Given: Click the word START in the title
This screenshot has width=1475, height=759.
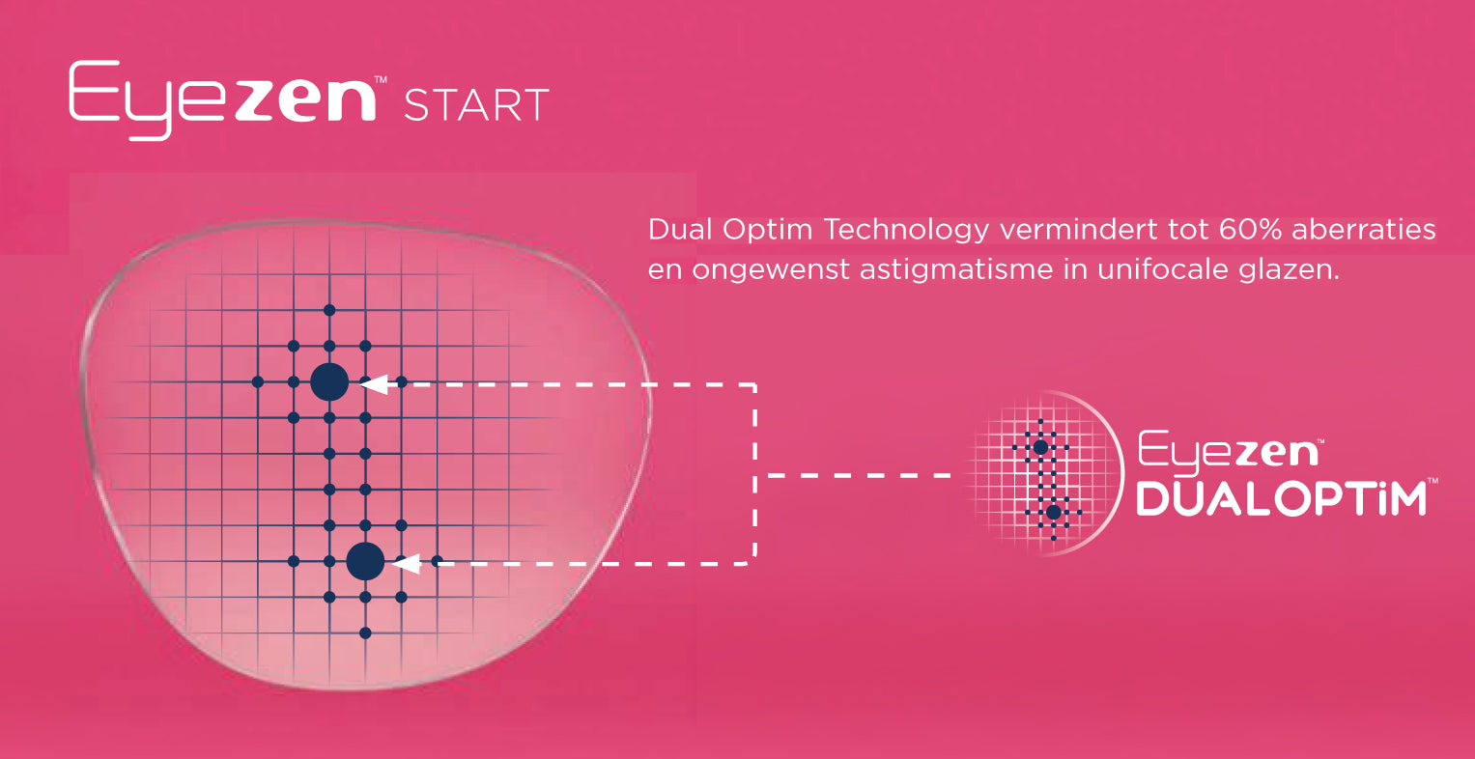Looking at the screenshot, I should click(x=476, y=105).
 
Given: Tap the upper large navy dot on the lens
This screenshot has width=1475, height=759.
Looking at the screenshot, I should click(x=329, y=382).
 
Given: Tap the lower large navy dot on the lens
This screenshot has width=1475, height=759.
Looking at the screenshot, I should click(x=365, y=561).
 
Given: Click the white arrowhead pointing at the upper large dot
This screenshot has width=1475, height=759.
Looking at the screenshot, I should click(x=374, y=383).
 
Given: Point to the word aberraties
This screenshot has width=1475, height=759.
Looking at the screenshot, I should click(x=1364, y=230).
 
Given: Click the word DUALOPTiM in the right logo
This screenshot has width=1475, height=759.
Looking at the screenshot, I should click(x=1282, y=498).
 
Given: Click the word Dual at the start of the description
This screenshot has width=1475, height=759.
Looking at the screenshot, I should click(x=679, y=230).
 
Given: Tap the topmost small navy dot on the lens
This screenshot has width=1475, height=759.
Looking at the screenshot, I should click(x=329, y=310).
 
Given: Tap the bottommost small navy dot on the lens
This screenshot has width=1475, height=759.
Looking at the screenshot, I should click(x=365, y=633).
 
